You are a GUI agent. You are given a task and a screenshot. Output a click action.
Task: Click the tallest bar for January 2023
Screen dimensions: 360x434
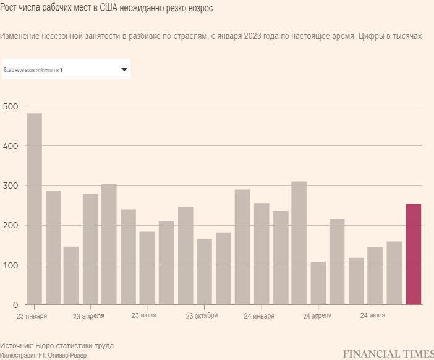pos(34,209)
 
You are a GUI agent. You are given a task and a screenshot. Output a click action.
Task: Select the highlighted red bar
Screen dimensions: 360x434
pos(413,254)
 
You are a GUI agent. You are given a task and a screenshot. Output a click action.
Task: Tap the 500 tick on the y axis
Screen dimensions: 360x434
pos(10,106)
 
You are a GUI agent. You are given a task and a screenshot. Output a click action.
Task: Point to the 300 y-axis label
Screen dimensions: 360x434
pos(10,186)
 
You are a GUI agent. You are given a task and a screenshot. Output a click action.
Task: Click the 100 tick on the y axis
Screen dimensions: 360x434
pos(10,265)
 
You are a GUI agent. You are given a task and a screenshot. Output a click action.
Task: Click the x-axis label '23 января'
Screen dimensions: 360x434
pos(32,315)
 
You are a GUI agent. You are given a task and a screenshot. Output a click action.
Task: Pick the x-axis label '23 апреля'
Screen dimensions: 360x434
pos(88,315)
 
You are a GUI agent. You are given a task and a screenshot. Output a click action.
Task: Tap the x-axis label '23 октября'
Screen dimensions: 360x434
pos(202,315)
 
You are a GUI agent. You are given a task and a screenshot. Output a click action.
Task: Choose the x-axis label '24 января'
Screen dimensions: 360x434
pos(259,315)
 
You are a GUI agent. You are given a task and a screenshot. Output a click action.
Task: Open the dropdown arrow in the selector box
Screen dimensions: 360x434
pos(124,70)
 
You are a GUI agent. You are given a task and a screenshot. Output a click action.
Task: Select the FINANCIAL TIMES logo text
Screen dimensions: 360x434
pos(388,354)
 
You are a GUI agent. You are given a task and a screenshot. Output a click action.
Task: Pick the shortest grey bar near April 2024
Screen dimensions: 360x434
pos(318,283)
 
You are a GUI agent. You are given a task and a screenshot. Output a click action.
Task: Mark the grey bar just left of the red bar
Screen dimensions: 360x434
pos(394,273)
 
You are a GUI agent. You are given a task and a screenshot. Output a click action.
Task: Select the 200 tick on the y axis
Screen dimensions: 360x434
pos(10,225)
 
